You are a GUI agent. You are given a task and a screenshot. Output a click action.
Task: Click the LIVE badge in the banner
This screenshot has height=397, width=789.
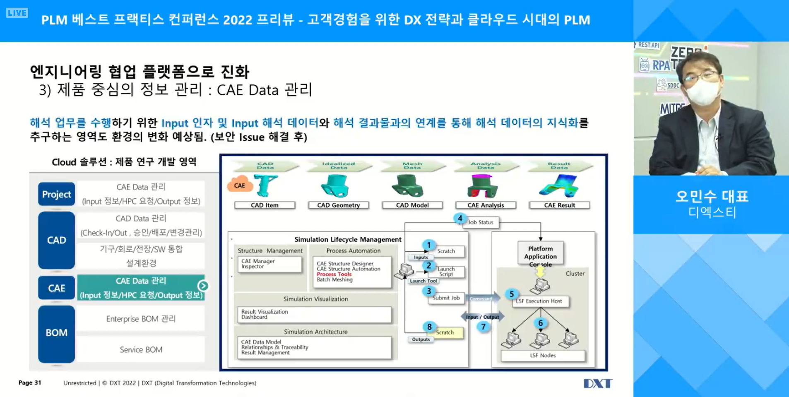pyautogui.click(x=17, y=13)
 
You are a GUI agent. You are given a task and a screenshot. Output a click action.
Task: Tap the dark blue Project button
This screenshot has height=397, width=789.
pyautogui.click(x=57, y=194)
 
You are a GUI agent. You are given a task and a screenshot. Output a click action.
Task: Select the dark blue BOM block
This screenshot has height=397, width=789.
pyautogui.click(x=57, y=333)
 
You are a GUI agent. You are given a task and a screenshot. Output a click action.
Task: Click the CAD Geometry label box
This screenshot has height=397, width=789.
pyautogui.click(x=338, y=205)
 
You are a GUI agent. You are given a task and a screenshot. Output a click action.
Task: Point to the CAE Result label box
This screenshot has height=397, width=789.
pyautogui.click(x=559, y=205)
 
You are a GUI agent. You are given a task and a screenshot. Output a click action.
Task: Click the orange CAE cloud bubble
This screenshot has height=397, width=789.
pyautogui.click(x=240, y=185)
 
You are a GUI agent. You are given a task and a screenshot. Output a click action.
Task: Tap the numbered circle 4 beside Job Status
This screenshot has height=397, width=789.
pyautogui.click(x=460, y=218)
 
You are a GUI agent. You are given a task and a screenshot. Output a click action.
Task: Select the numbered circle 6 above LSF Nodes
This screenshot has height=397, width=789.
pyautogui.click(x=540, y=323)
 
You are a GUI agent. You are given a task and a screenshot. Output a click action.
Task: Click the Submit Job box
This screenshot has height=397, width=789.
pyautogui.click(x=446, y=298)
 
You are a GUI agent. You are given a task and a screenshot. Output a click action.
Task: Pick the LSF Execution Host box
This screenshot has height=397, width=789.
pyautogui.click(x=541, y=301)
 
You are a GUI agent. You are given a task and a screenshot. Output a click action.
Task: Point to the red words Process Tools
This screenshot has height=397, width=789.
pyautogui.click(x=334, y=274)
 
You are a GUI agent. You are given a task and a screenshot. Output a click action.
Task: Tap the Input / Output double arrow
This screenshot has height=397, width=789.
pyautogui.click(x=482, y=317)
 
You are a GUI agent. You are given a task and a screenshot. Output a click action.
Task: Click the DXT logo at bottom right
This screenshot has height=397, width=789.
pyautogui.click(x=597, y=383)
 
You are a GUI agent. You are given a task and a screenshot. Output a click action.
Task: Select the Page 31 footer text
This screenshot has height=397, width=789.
pyautogui.click(x=30, y=383)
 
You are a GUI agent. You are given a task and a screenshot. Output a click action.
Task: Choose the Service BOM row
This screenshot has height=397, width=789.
pyautogui.click(x=141, y=350)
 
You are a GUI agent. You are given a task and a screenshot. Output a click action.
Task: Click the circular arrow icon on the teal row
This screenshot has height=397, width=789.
pyautogui.click(x=203, y=286)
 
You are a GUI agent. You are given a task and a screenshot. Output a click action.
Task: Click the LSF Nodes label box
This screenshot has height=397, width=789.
pyautogui.click(x=543, y=356)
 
